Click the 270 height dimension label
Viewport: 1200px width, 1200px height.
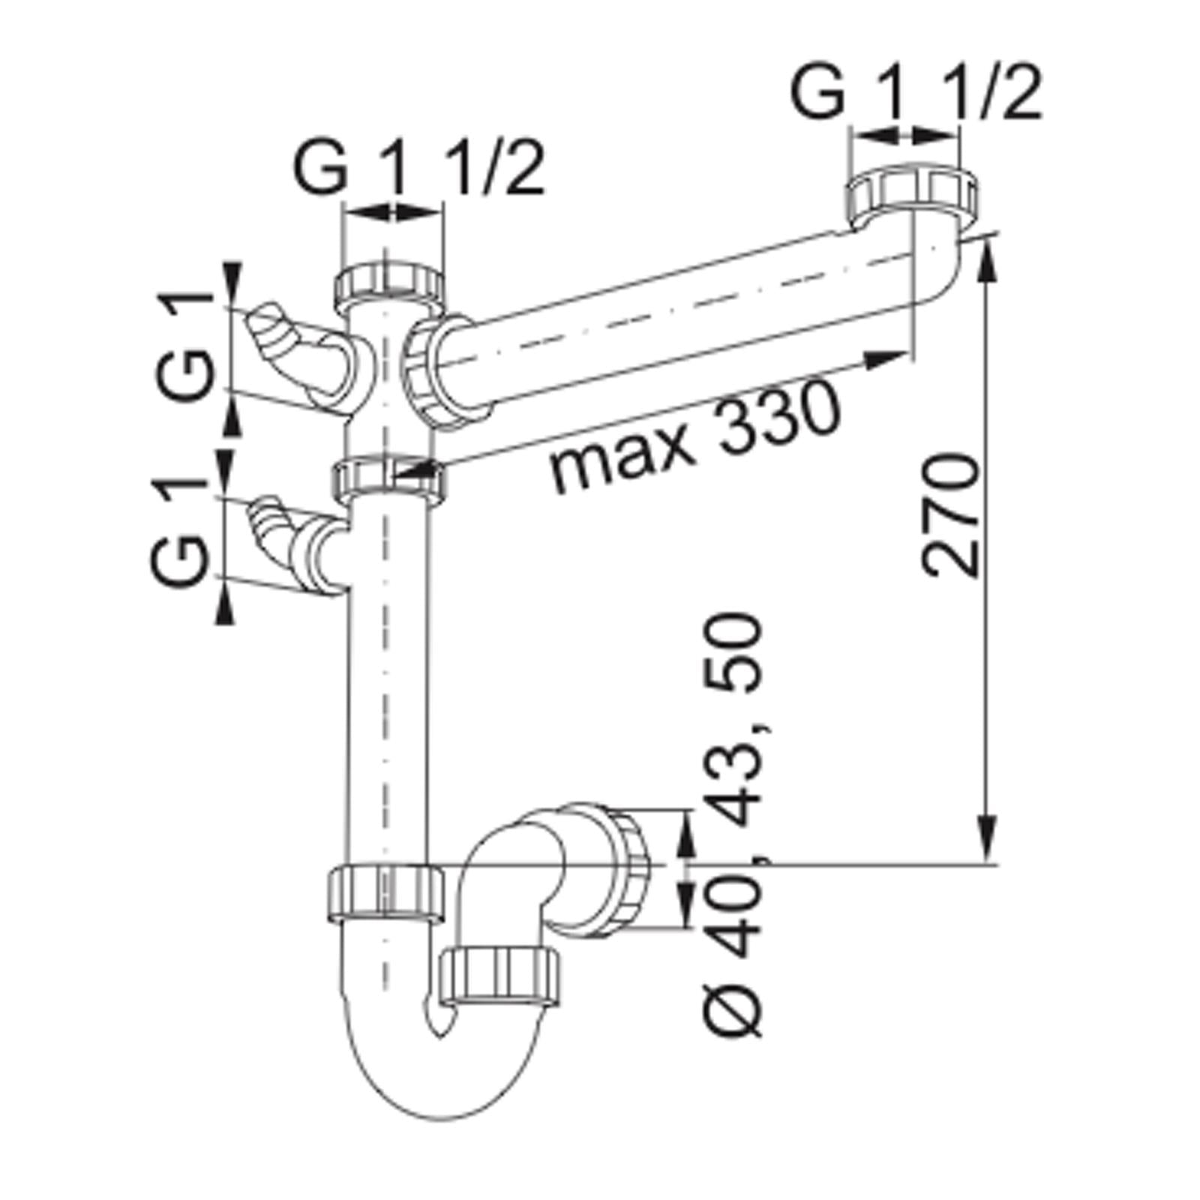click(x=951, y=514)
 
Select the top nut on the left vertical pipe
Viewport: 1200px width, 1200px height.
click(x=389, y=283)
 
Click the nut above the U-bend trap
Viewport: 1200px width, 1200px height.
click(x=385, y=892)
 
